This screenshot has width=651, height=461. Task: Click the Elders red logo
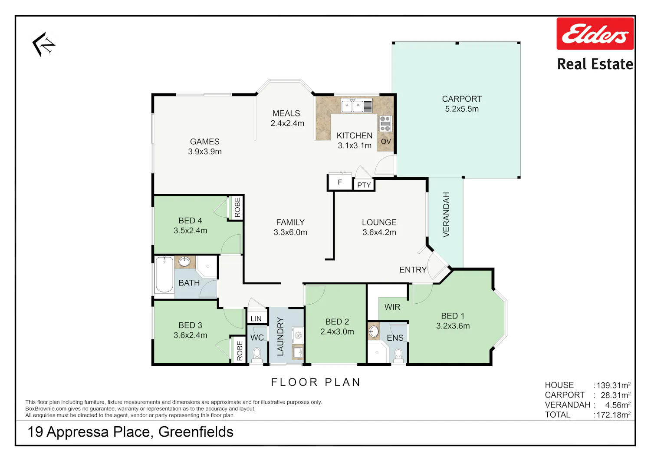(x=595, y=33)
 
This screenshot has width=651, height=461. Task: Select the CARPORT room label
(x=462, y=99)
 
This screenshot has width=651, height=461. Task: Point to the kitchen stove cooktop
(x=385, y=123)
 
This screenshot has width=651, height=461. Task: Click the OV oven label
(x=386, y=142)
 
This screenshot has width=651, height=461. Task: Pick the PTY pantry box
(x=364, y=185)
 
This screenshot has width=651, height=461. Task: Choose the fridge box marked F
(x=340, y=182)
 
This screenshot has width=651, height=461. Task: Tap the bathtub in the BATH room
(x=164, y=275)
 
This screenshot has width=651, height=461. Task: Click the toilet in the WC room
(x=256, y=355)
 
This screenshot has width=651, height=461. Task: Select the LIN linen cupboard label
(x=256, y=318)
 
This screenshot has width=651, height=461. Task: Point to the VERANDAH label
(x=446, y=215)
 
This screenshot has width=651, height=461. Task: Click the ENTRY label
(x=413, y=270)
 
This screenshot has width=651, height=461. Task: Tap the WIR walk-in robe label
(x=392, y=307)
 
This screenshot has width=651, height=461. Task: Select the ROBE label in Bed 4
(x=237, y=207)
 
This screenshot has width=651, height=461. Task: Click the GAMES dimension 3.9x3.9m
(x=204, y=152)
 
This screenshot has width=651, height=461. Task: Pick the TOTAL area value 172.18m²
(x=613, y=415)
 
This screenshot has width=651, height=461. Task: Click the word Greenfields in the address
(x=196, y=432)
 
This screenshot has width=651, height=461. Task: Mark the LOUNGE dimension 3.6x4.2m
(x=379, y=232)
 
